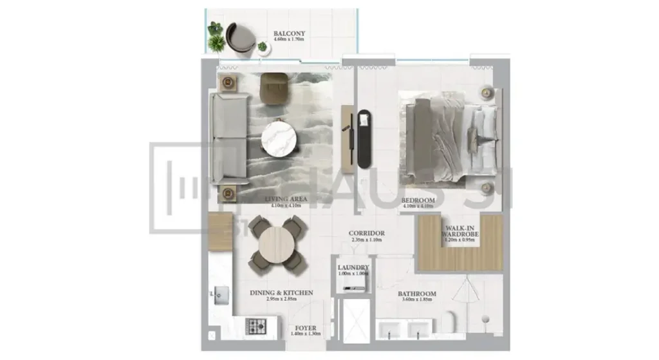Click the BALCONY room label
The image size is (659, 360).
(289, 33)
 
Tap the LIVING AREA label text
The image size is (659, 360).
(284, 200)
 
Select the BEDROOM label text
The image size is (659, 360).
(418, 201)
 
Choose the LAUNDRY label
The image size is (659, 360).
(353, 267)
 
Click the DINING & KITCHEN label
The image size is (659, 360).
(281, 292)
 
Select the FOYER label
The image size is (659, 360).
(306, 327)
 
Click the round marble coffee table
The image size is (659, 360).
(281, 139)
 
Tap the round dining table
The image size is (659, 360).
(277, 243)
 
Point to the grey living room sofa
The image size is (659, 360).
(228, 138)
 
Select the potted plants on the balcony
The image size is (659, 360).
(216, 37)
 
